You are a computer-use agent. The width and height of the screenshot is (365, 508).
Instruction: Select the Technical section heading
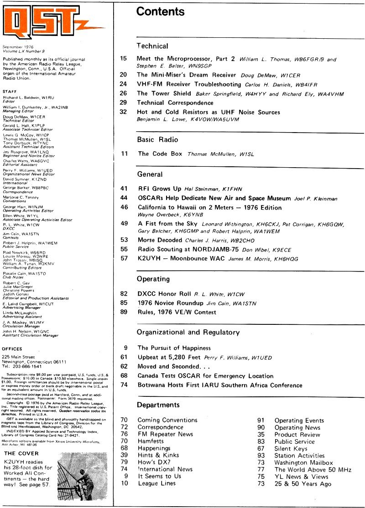tap(152, 46)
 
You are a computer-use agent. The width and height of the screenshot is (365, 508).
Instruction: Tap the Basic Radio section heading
tap(157, 139)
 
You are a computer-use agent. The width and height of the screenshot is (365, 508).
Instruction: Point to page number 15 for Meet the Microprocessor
tap(123, 59)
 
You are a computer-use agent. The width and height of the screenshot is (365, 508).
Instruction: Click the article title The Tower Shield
tap(164, 93)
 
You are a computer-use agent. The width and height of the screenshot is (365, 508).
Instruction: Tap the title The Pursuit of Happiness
tap(174, 348)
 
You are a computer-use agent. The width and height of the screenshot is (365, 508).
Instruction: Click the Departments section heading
tap(158, 405)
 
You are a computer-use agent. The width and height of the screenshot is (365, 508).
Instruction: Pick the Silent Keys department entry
tap(291, 448)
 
